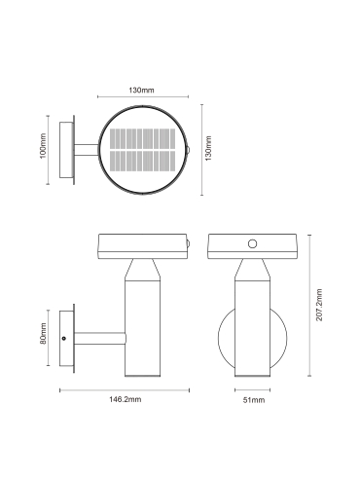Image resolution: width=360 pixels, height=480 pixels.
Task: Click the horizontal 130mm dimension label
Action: click(141, 90)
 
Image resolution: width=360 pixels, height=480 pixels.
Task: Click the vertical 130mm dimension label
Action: click(208, 148)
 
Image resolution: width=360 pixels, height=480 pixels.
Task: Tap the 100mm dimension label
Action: click(43, 146)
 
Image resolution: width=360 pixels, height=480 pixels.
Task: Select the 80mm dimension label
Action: click(44, 334)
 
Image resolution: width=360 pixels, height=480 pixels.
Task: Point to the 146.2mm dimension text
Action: click(125, 399)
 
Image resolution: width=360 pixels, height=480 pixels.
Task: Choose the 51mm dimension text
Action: click(254, 400)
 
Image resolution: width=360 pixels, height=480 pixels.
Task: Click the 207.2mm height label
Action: click(319, 305)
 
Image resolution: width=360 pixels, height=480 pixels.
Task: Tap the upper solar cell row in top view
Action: click(143, 138)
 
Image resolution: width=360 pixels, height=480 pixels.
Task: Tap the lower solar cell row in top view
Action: click(143, 161)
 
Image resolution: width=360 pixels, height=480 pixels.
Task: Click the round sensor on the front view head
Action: click(252, 243)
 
